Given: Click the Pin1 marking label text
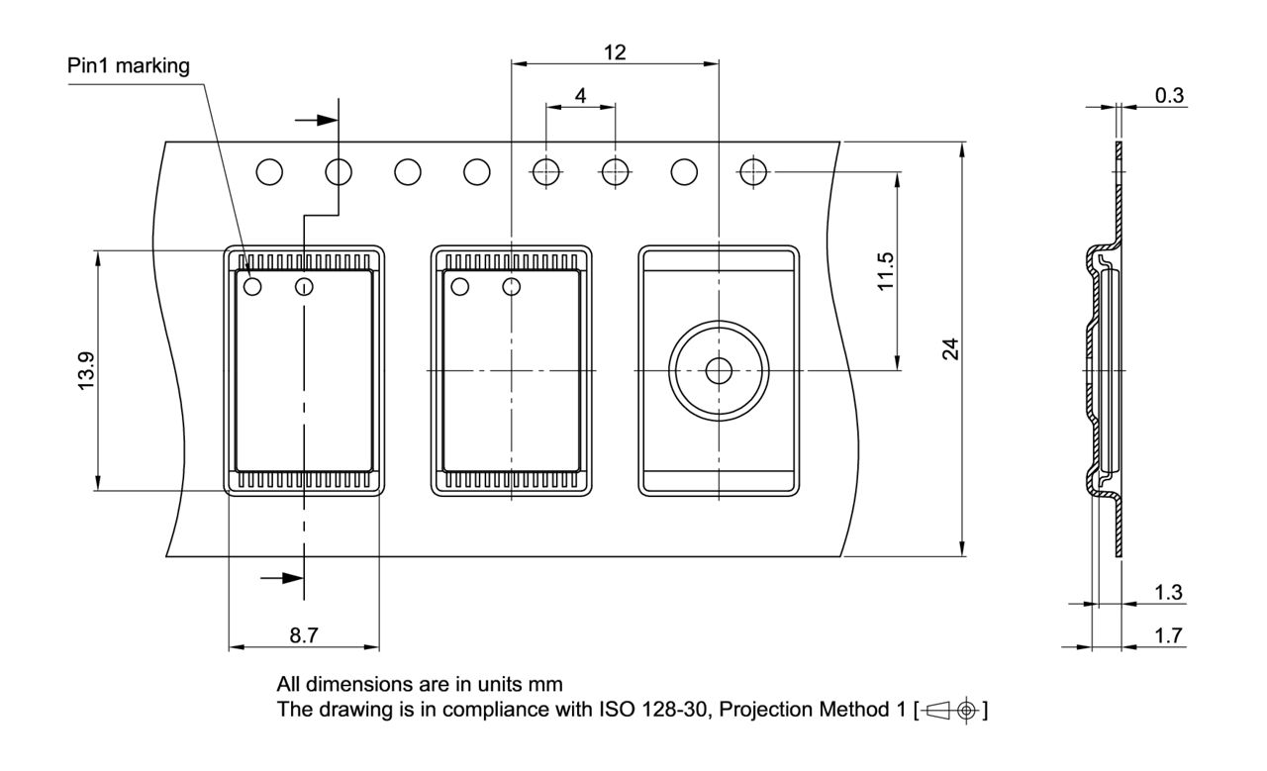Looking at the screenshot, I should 128,66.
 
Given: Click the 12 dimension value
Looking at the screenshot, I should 614,52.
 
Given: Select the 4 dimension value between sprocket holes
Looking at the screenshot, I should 580,97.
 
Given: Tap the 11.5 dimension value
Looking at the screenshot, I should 886,270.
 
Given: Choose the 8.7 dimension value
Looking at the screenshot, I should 304,635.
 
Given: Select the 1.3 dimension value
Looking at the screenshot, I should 1169,592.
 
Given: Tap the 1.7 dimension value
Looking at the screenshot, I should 1169,635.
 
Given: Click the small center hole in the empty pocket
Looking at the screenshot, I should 718,370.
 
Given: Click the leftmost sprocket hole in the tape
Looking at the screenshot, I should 269,172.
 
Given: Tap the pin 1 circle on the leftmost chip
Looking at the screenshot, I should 251,287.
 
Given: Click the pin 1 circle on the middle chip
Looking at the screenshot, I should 459,287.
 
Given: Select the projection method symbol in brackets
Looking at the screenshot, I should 953,710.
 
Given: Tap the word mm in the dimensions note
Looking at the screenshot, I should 547,684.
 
